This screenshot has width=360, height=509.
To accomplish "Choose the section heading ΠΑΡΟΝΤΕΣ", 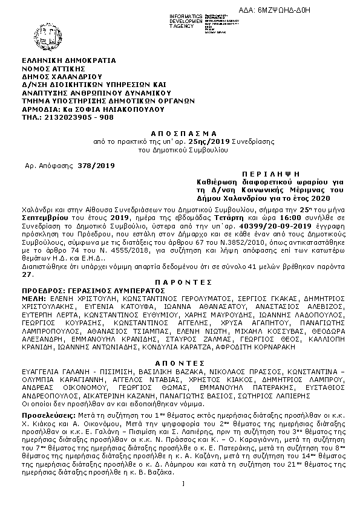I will pos(180,282).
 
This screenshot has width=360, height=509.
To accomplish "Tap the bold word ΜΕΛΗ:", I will pos(33,298).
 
